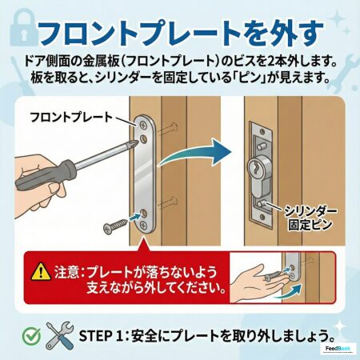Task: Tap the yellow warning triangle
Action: [41, 272]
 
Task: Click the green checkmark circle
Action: [31, 335]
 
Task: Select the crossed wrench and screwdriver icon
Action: [60, 335]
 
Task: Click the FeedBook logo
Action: [338, 349]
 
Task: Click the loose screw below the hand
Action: [115, 226]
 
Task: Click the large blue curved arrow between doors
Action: [194, 153]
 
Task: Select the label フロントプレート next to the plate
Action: [71, 117]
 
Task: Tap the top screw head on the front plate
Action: [144, 124]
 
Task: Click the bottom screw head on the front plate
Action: [144, 226]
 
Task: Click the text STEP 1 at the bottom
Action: [98, 336]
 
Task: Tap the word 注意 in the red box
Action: [66, 272]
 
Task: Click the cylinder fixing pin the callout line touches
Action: [262, 204]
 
